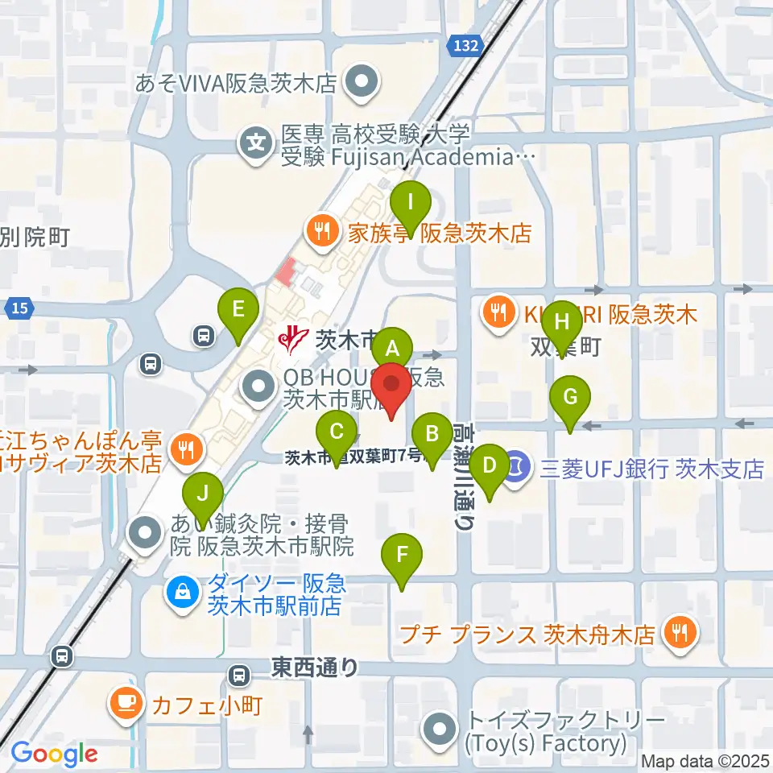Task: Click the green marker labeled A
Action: (x=392, y=349)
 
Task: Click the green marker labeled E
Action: (x=238, y=309)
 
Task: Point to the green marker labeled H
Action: (x=562, y=322)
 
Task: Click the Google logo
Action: (x=54, y=754)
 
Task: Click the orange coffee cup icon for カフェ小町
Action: (x=127, y=701)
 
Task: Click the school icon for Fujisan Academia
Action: (x=255, y=145)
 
